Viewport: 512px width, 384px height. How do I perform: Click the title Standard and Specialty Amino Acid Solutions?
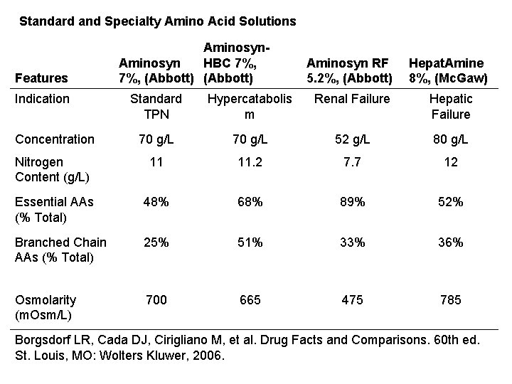(157, 21)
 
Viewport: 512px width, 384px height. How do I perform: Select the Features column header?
(41, 78)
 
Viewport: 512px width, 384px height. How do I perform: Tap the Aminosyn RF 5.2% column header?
(348, 70)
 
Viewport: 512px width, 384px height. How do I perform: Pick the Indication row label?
(42, 99)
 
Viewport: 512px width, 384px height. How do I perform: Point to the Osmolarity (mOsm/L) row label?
(46, 306)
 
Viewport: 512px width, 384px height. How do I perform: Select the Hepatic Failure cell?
(450, 107)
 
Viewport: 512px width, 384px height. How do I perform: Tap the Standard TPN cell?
(156, 107)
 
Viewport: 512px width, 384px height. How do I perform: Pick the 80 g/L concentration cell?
(450, 139)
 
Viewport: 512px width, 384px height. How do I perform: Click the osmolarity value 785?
(450, 300)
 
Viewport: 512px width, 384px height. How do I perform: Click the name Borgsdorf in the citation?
(47, 338)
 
